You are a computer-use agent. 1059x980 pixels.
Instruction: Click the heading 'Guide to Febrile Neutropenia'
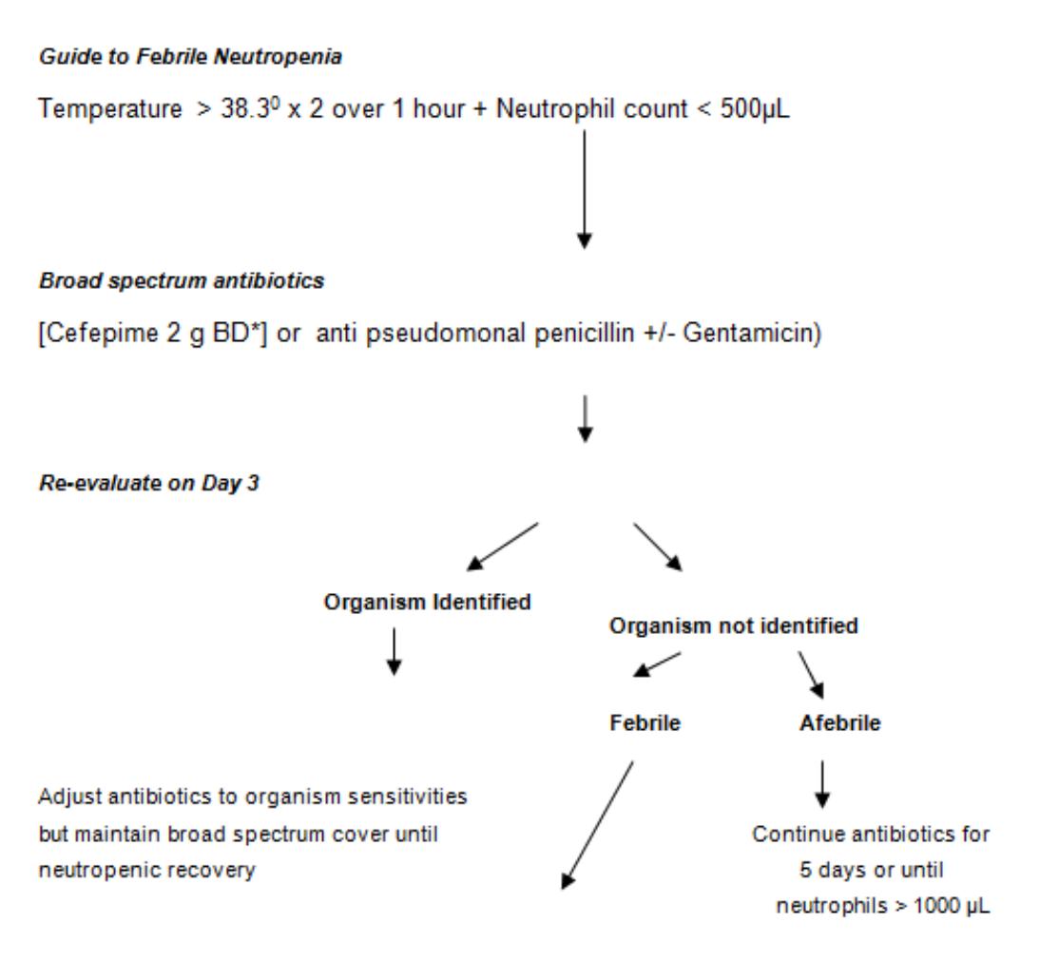click(x=190, y=57)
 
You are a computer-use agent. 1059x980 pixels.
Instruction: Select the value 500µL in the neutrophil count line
click(x=755, y=108)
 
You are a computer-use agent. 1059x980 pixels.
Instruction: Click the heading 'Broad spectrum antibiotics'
click(x=182, y=281)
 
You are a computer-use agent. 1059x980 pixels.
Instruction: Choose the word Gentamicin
click(x=748, y=334)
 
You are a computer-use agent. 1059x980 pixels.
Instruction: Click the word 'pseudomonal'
click(x=446, y=334)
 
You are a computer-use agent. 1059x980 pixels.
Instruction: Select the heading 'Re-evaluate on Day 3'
click(x=149, y=484)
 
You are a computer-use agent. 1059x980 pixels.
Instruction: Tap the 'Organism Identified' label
click(x=428, y=602)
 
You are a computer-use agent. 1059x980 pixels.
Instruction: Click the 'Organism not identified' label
click(x=734, y=626)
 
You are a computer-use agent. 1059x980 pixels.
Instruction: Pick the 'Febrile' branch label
click(x=645, y=723)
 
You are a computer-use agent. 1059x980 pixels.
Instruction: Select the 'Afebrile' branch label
click(x=840, y=723)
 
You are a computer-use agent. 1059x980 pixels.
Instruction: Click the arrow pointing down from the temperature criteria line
click(x=585, y=189)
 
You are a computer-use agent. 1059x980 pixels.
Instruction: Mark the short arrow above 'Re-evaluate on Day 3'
click(x=586, y=419)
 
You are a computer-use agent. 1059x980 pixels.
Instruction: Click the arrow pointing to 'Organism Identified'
click(x=503, y=547)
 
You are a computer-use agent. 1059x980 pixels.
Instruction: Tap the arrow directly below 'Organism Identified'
click(x=395, y=652)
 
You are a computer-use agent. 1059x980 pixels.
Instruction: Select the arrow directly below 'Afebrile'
click(x=822, y=785)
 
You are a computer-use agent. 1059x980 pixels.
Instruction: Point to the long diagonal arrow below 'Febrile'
click(x=598, y=825)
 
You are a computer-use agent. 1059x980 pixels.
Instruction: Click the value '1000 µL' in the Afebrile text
click(x=951, y=906)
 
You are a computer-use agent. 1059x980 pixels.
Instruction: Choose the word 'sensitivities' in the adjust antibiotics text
click(x=407, y=797)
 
